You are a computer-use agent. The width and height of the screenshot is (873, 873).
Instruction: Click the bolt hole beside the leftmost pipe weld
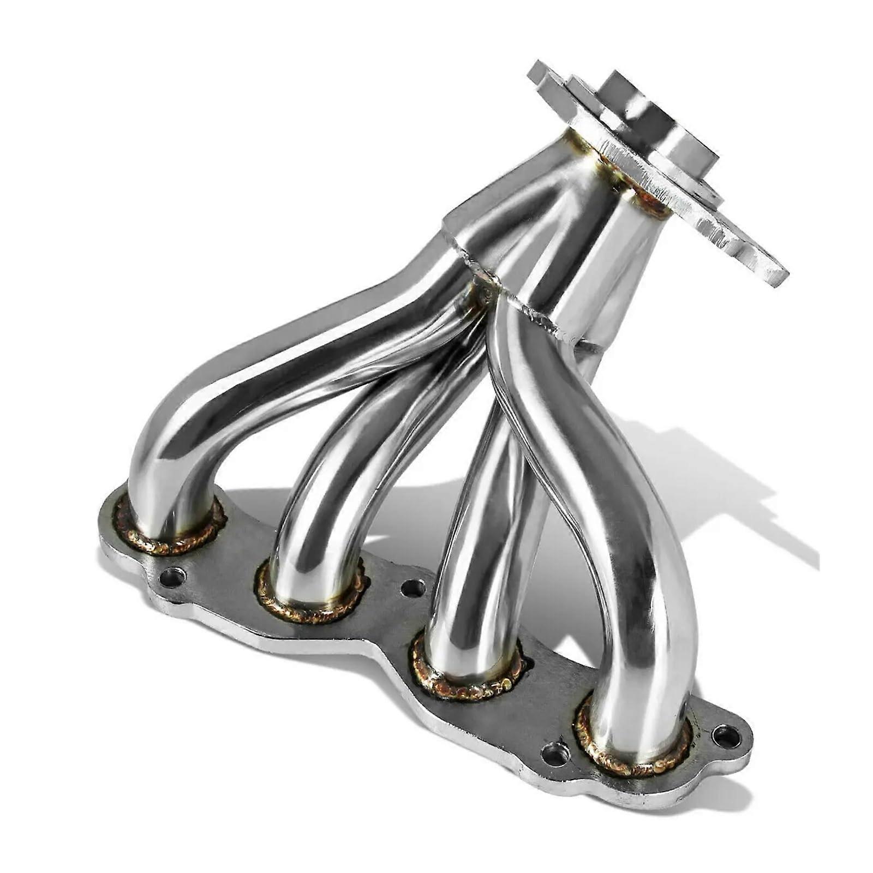pyautogui.click(x=173, y=577)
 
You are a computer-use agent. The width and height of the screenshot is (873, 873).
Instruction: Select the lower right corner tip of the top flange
pyautogui.click(x=778, y=278)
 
